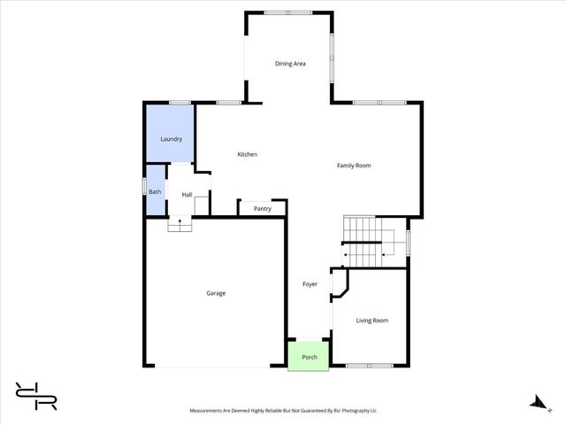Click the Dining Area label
(290, 64)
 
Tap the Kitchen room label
(248, 155)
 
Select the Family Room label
(354, 166)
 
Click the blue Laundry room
(171, 139)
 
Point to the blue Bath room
(155, 192)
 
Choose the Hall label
(187, 195)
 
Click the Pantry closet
(262, 209)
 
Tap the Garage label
(216, 293)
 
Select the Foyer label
(310, 284)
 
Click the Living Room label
(372, 321)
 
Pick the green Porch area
(310, 357)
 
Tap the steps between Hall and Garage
(180, 225)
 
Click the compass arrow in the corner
(535, 402)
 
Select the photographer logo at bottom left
(36, 395)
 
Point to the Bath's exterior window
(145, 188)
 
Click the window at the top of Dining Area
(288, 12)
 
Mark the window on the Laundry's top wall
(180, 103)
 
